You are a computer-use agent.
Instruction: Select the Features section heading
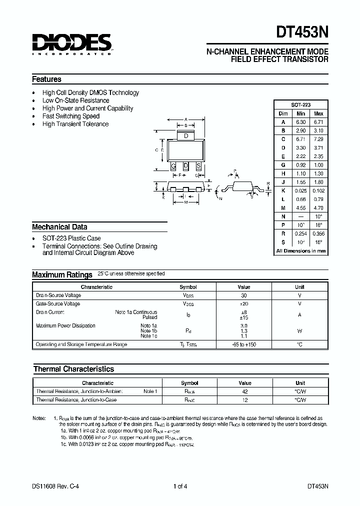(x=46, y=79)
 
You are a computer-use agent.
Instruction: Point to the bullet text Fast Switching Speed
(x=71, y=116)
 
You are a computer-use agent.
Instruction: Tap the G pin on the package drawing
(x=173, y=166)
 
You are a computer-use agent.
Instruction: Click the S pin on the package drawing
(x=198, y=166)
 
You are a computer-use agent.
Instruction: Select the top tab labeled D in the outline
(x=186, y=136)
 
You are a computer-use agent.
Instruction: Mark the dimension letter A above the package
(x=186, y=118)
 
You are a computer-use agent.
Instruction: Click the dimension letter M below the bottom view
(x=186, y=203)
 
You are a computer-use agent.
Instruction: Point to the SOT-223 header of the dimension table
(x=301, y=105)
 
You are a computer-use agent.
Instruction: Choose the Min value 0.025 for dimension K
(x=301, y=190)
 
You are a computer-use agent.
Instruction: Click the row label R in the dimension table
(x=283, y=233)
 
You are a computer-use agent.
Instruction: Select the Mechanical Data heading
(x=59, y=226)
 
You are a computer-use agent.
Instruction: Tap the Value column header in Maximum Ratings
(x=244, y=287)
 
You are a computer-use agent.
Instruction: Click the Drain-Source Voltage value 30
(x=244, y=295)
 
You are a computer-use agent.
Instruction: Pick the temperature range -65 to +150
(x=244, y=344)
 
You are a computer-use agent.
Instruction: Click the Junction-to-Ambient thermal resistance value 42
(x=244, y=391)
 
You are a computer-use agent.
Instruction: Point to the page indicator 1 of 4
(x=180, y=485)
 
